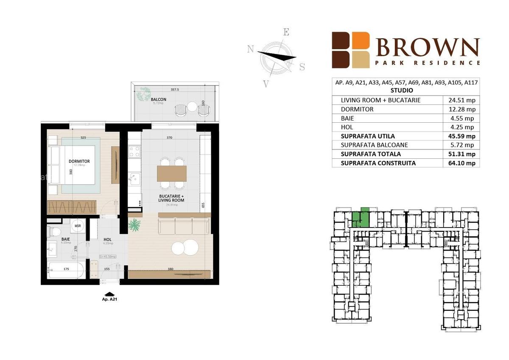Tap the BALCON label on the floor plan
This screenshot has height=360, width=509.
tap(158, 99)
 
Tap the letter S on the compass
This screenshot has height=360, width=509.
tap(302, 67)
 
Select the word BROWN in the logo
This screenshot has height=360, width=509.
tap(428, 47)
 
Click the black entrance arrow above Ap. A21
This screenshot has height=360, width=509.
tap(109, 293)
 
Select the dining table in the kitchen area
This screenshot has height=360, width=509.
tap(172, 173)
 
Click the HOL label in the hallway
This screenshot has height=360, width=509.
tap(108, 239)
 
